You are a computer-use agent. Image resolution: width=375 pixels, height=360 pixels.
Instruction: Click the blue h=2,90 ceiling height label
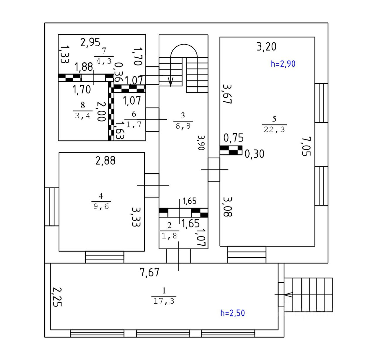(x=283, y=64)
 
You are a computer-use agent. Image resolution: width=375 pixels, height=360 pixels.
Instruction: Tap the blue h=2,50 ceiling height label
(x=232, y=313)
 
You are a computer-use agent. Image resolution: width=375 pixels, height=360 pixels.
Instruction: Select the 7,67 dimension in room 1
(x=149, y=272)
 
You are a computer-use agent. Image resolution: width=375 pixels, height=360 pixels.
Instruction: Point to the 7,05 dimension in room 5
(x=306, y=146)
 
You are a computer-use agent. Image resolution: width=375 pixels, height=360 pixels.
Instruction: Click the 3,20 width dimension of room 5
(x=266, y=47)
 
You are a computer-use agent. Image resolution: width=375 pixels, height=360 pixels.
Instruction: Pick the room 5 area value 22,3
(x=274, y=129)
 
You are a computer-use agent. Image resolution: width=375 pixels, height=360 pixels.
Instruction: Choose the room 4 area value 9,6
(x=101, y=207)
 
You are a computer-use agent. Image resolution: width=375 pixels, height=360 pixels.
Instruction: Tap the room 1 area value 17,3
(x=164, y=301)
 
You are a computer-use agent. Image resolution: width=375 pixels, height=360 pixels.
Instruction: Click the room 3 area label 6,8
(x=183, y=126)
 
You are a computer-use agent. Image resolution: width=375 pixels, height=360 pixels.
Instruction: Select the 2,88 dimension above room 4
(x=105, y=161)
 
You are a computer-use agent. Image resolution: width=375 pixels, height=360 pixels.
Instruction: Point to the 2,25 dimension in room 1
(x=57, y=296)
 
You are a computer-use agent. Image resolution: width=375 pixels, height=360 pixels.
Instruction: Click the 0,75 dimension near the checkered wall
(x=233, y=138)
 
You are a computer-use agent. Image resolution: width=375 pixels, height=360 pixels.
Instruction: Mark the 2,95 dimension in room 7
(x=90, y=42)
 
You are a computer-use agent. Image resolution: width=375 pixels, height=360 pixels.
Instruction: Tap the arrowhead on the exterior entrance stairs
(x=289, y=294)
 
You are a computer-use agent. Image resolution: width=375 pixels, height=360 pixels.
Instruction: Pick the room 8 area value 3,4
(x=83, y=116)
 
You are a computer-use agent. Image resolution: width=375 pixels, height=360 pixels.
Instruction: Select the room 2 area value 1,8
(x=169, y=236)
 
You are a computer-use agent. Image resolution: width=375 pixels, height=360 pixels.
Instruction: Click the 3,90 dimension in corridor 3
(x=201, y=142)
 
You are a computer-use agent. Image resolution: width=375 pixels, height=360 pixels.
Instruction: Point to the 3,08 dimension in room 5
(x=228, y=207)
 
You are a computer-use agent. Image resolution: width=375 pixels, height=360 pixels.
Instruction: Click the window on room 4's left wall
(x=52, y=207)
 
